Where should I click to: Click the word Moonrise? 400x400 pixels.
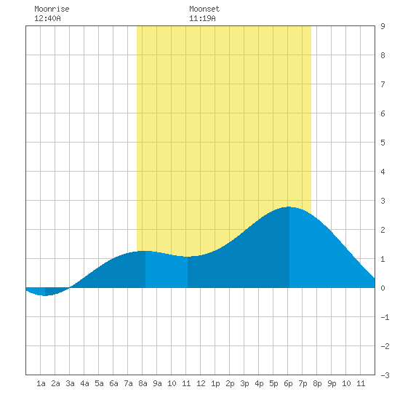pos(52,9)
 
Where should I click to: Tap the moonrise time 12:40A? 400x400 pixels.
pos(47,18)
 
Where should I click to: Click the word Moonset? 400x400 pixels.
pos(204,9)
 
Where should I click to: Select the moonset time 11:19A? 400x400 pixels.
pos(202,18)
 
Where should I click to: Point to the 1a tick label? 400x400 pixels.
pos(41,383)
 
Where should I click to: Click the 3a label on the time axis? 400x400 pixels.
pos(70,383)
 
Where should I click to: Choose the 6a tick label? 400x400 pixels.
pos(113,383)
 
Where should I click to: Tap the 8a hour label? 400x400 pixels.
pos(143,383)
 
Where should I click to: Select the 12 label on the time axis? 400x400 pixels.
pos(201,383)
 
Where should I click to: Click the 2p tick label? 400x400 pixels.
pos(230,383)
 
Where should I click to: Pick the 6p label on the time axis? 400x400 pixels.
pos(288,383)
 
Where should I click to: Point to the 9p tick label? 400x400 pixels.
pos(332,383)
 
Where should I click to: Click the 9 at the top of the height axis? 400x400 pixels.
pos(383,26)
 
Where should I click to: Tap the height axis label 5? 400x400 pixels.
pos(383,143)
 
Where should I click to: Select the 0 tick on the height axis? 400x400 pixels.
pos(383,288)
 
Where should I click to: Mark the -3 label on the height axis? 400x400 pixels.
pos(385,375)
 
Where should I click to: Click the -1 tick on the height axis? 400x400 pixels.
pos(385,317)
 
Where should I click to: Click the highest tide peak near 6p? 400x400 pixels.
pos(289,207)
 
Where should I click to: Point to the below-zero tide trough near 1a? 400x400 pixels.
pos(45,295)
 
